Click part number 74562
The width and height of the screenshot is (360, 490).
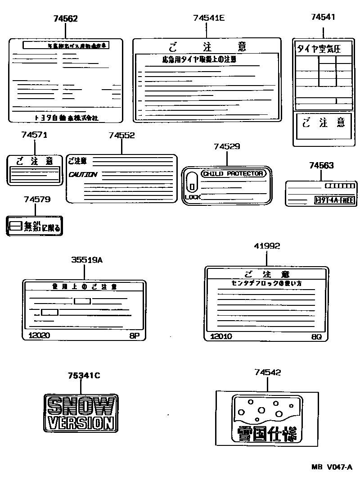[65, 18]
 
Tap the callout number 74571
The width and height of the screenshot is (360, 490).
[34, 135]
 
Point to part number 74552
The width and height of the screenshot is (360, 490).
[121, 135]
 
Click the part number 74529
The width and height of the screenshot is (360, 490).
[227, 146]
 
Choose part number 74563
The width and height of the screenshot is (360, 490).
[321, 165]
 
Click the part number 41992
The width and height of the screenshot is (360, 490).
[266, 246]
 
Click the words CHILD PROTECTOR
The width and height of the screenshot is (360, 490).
[233, 174]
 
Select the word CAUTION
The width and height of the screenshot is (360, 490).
[83, 175]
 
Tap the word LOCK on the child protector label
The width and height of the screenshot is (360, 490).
[192, 197]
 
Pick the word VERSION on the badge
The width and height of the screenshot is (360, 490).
[81, 423]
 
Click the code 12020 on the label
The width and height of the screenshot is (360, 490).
[39, 336]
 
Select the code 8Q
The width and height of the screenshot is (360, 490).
[316, 337]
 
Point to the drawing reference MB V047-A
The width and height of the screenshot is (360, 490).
[331, 468]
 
